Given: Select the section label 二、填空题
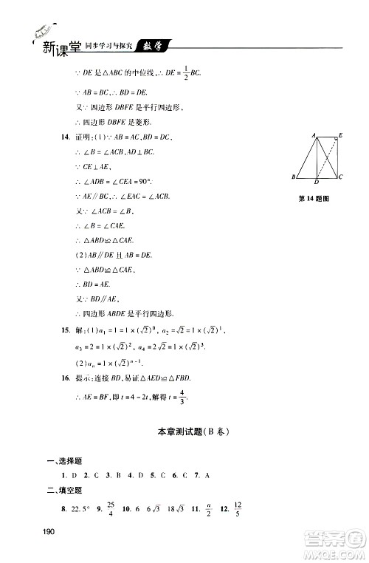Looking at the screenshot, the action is pyautogui.click(x=65, y=489).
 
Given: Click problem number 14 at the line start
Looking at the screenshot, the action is pyautogui.click(x=66, y=137).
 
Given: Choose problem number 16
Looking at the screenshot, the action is pyautogui.click(x=66, y=378).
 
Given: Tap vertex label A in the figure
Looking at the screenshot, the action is pyautogui.click(x=314, y=136).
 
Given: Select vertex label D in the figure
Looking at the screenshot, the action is pyautogui.click(x=317, y=182).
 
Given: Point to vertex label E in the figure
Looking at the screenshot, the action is pyautogui.click(x=340, y=136).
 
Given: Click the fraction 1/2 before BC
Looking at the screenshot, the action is pyautogui.click(x=184, y=73).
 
